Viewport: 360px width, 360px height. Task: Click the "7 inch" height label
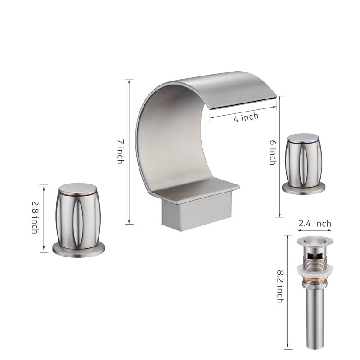120,151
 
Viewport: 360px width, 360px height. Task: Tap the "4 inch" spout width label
246,118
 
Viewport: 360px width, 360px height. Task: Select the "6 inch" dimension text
272,152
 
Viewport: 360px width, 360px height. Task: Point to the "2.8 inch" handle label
34,217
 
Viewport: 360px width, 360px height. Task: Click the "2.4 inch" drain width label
315,224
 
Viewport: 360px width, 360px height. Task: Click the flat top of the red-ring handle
80,188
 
